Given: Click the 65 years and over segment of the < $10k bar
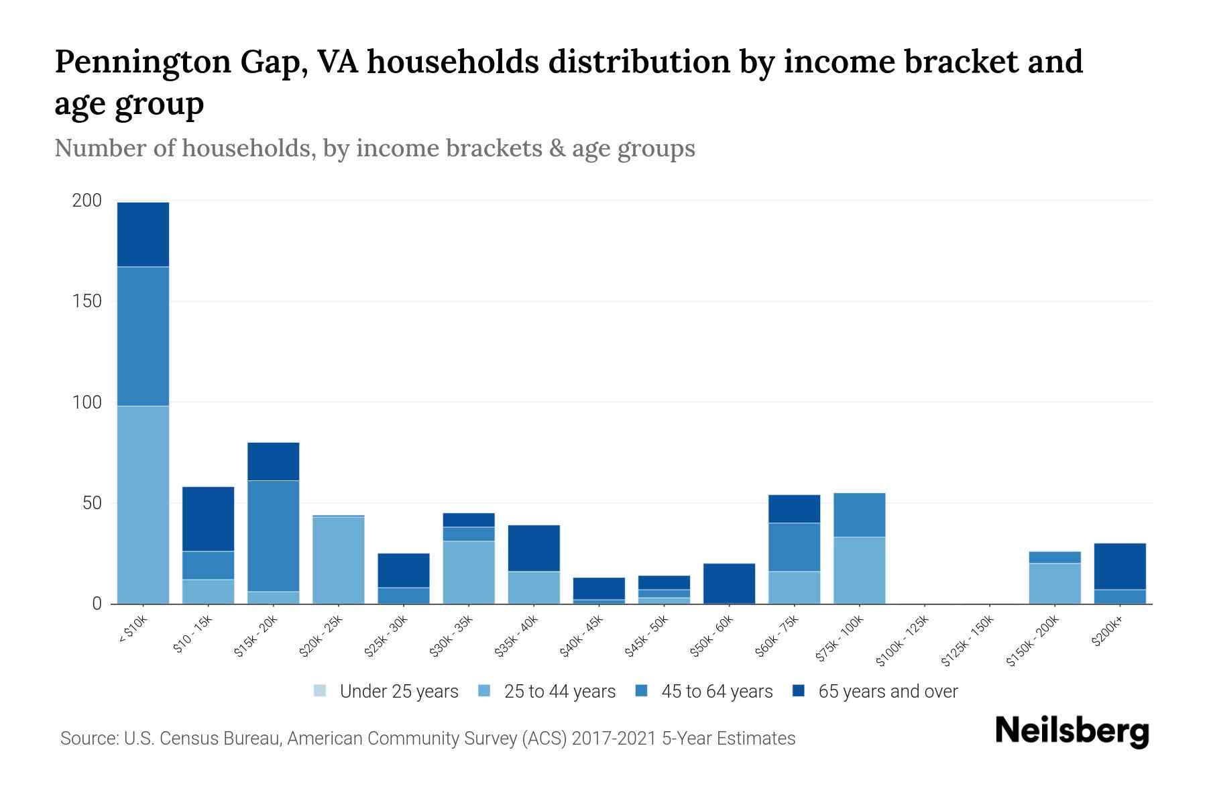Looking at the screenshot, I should point(143,234).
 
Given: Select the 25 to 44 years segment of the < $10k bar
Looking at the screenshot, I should point(143,504).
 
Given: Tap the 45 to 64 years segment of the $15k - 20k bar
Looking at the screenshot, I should point(273,535).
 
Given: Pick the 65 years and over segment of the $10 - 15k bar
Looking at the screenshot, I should point(208,519).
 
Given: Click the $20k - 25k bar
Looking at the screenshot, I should point(338,560).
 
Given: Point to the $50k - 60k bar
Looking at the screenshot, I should point(729,583).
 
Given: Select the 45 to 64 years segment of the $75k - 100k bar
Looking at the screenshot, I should point(859,515).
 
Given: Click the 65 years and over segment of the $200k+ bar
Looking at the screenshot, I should point(1119,566).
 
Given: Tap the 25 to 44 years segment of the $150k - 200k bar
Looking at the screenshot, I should point(1054,583).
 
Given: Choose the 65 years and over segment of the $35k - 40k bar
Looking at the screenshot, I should point(534,548).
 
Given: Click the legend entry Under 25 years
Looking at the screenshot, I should point(386,691).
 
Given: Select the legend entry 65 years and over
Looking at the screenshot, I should point(874,691).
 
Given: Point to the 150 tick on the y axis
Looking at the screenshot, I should point(87,301).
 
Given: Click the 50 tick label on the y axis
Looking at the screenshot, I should point(92,503).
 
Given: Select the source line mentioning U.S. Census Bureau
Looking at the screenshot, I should point(428,739).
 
